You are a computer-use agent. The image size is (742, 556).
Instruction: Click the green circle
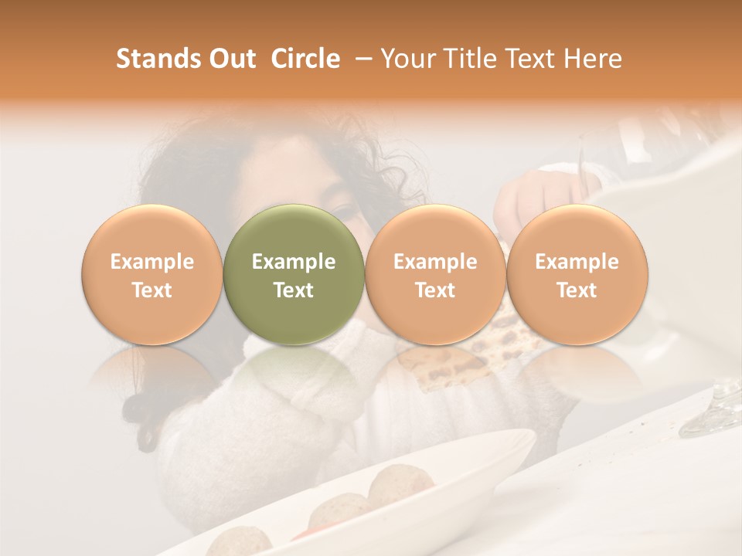pyautogui.click(x=294, y=274)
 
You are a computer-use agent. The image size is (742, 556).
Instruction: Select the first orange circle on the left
pyautogui.click(x=152, y=274)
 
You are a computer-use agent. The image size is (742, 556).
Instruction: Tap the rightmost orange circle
pyautogui.click(x=577, y=274)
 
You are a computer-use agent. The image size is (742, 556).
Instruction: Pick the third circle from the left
pyautogui.click(x=435, y=274)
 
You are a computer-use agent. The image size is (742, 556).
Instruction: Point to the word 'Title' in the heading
pyautogui.click(x=473, y=59)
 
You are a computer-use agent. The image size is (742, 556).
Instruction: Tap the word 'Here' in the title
pyautogui.click(x=593, y=59)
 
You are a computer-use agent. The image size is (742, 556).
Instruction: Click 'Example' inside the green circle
pyautogui.click(x=294, y=262)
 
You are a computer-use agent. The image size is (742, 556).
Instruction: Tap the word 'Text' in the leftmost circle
pyautogui.click(x=152, y=290)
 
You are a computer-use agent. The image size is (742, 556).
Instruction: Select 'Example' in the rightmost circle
pyautogui.click(x=577, y=262)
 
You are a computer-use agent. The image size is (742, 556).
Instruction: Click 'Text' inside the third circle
pyautogui.click(x=435, y=290)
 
